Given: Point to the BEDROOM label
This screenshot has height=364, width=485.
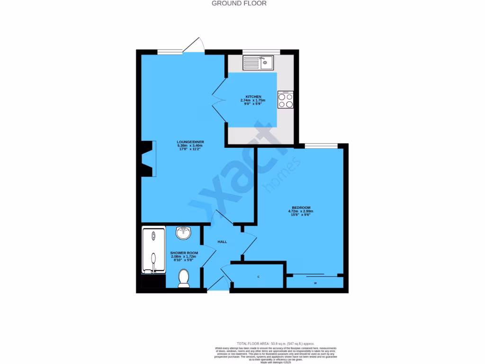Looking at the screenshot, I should coord(301,208).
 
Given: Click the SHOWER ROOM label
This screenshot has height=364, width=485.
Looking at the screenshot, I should coord(184,253).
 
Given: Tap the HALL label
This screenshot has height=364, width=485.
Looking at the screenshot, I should coord(222,242).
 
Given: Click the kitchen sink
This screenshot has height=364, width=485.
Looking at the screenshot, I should coord(258,62).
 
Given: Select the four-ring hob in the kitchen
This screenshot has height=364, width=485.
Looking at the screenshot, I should coord(286,100).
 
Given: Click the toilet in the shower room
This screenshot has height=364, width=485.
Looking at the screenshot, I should coord(183,278).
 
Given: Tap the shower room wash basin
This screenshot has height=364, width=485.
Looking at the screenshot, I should coord(184,233).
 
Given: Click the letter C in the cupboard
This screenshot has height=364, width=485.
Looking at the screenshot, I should coord(259,276).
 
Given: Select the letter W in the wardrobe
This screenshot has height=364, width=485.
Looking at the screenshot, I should coord(315,283).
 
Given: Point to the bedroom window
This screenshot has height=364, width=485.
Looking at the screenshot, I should coord(321,146).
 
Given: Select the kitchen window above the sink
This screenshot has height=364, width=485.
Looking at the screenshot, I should coord(261,51).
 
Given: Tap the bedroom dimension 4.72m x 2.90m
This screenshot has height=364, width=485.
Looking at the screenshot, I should coord(301,211).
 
